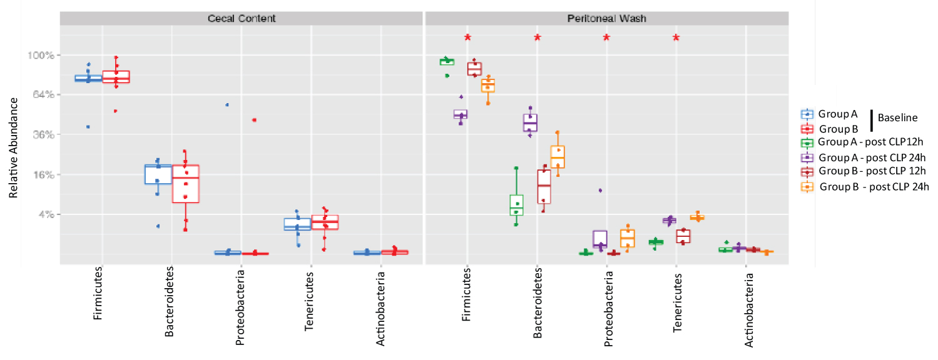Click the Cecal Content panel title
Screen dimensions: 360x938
[x=241, y=18]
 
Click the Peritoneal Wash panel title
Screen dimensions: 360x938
[x=607, y=18]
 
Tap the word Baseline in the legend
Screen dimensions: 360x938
[x=897, y=117]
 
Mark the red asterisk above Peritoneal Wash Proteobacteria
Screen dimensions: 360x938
[x=607, y=37]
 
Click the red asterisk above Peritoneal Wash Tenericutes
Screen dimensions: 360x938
[x=676, y=37]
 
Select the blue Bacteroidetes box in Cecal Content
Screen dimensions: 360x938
[x=158, y=174]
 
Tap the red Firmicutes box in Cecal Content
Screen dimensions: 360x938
[x=116, y=77]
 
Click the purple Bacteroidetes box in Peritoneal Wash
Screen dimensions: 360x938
[x=530, y=122]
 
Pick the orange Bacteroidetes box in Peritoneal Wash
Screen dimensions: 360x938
[x=558, y=156]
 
